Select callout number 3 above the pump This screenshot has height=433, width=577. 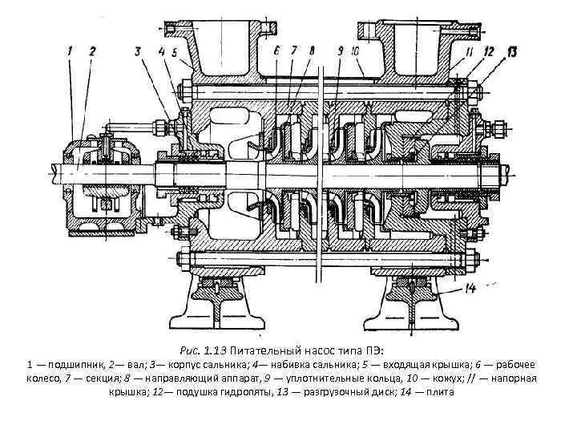tap(139, 52)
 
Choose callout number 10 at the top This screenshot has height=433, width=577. tap(354, 51)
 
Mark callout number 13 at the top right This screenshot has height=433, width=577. tap(511, 52)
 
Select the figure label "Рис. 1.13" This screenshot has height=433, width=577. tap(203, 350)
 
